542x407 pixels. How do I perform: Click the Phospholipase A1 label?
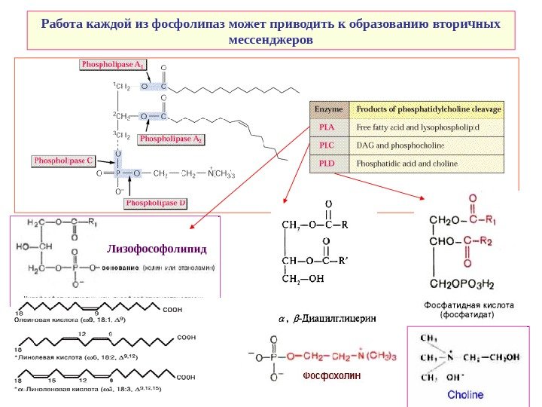tap(114, 65)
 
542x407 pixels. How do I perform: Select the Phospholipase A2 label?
tap(172, 139)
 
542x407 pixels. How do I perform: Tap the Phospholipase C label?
tap(63, 161)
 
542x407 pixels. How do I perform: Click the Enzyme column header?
tap(327, 109)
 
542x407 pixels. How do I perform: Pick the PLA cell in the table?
tap(327, 127)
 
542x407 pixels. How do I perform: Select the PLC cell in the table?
tap(327, 145)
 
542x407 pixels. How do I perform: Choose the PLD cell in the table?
tap(327, 163)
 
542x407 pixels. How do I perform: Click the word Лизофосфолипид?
tap(157, 248)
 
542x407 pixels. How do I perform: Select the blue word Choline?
tap(466, 394)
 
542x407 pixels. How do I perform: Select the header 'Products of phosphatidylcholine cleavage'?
tap(428, 109)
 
